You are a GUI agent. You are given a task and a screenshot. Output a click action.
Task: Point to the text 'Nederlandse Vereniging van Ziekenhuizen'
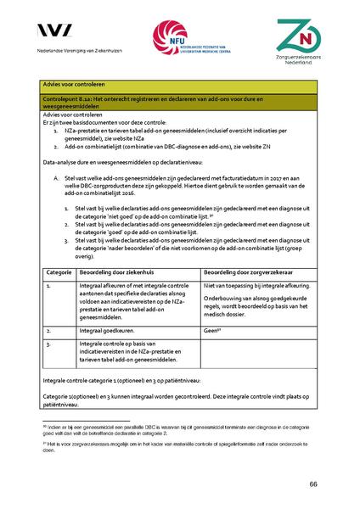80,53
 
